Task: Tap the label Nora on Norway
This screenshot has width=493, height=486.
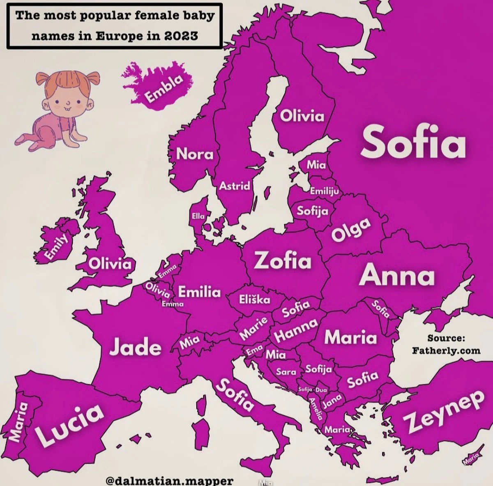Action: (195, 154)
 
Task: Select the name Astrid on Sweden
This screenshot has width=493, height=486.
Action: (235, 186)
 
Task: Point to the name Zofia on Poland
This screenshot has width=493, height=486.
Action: (283, 260)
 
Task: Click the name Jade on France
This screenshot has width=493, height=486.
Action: (135, 348)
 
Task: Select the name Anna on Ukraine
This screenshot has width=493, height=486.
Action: (397, 275)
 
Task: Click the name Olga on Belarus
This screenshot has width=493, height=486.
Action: (352, 229)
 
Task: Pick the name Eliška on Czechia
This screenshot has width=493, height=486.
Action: (255, 299)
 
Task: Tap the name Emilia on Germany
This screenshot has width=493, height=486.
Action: (199, 292)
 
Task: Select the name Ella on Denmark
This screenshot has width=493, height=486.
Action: (198, 216)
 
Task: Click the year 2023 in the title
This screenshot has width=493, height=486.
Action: (181, 36)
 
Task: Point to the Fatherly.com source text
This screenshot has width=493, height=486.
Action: (446, 351)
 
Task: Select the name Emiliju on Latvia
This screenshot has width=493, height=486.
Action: (324, 191)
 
